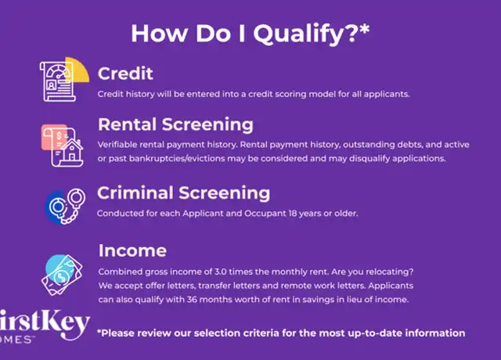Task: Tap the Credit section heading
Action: tap(125, 74)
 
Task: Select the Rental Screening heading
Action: tap(175, 124)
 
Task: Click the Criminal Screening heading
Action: tap(183, 193)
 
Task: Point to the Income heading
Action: tap(132, 250)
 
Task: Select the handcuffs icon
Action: tap(66, 206)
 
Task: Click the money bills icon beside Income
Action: tap(62, 275)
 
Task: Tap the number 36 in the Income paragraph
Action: tap(192, 300)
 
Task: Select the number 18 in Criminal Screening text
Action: tap(293, 214)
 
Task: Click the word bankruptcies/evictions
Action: tap(177, 159)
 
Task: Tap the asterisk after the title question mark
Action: tap(365, 29)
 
